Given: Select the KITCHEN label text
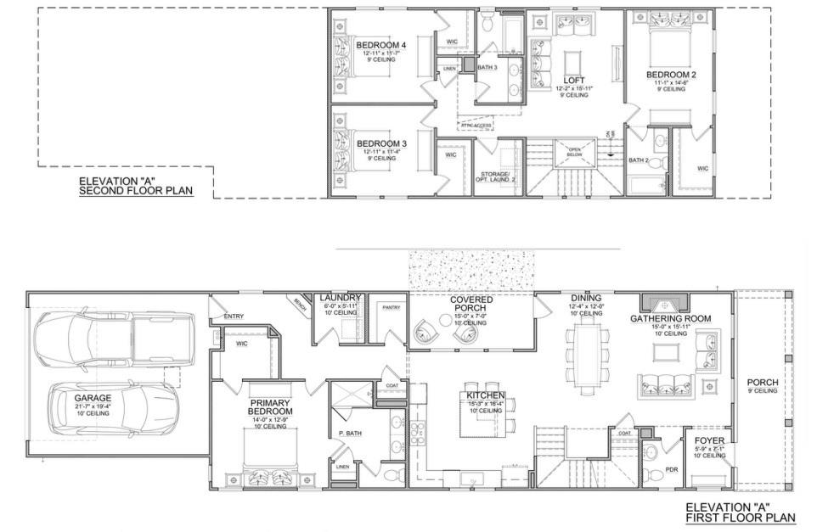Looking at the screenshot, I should [x=485, y=395].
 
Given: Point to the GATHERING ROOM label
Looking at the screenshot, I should [x=670, y=318].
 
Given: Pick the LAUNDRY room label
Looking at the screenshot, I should [x=341, y=298].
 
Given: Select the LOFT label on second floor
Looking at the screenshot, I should [x=575, y=80].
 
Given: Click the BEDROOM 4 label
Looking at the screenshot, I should [x=381, y=45].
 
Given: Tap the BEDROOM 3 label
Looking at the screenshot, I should [x=381, y=143].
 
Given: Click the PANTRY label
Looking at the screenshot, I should [x=391, y=307].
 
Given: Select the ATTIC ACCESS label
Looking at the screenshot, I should [x=476, y=126].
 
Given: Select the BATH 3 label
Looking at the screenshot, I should [x=487, y=67].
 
